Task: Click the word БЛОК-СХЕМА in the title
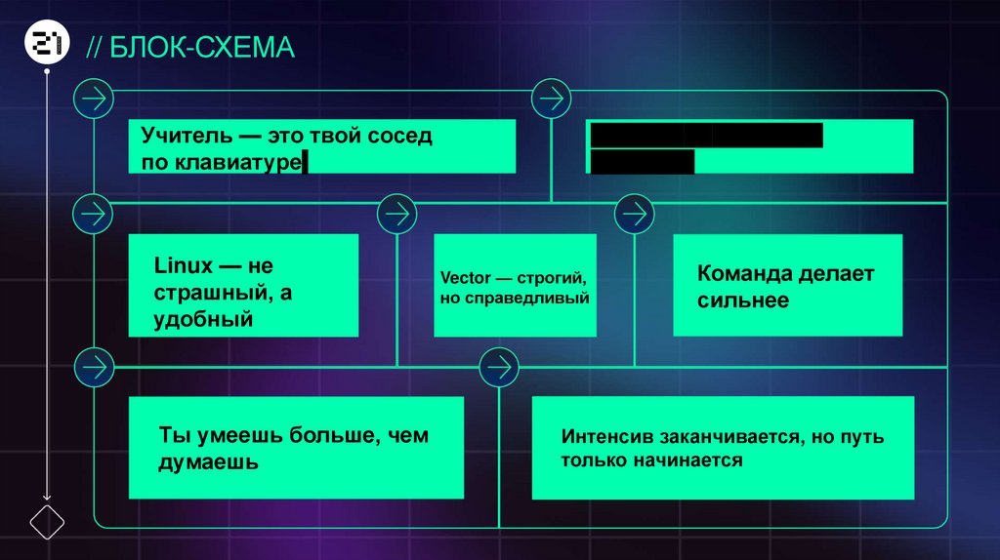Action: point(202,48)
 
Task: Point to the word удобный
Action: point(204,318)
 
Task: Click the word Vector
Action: point(465,278)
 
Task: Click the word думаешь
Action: point(208,461)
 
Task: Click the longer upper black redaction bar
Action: point(706,136)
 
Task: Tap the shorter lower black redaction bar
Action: point(643,162)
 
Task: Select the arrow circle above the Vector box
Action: point(396,211)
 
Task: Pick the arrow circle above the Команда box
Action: point(634,211)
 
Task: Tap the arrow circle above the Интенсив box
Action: point(498,367)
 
